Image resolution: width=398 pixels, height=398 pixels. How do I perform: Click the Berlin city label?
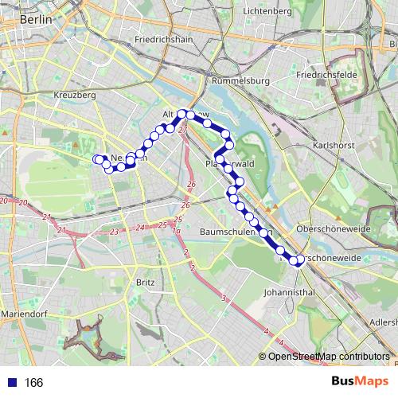(35, 18)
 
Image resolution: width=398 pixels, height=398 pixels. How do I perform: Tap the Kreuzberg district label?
(76, 95)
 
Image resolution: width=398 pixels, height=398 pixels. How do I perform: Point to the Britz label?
(146, 282)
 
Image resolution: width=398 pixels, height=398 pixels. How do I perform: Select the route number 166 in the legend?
(34, 383)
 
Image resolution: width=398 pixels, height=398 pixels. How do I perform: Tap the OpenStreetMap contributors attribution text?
(328, 356)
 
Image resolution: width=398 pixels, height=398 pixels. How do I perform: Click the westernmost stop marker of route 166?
(97, 159)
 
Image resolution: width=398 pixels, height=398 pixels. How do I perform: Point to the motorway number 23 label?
(115, 231)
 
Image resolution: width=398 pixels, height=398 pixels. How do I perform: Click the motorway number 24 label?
(140, 228)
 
